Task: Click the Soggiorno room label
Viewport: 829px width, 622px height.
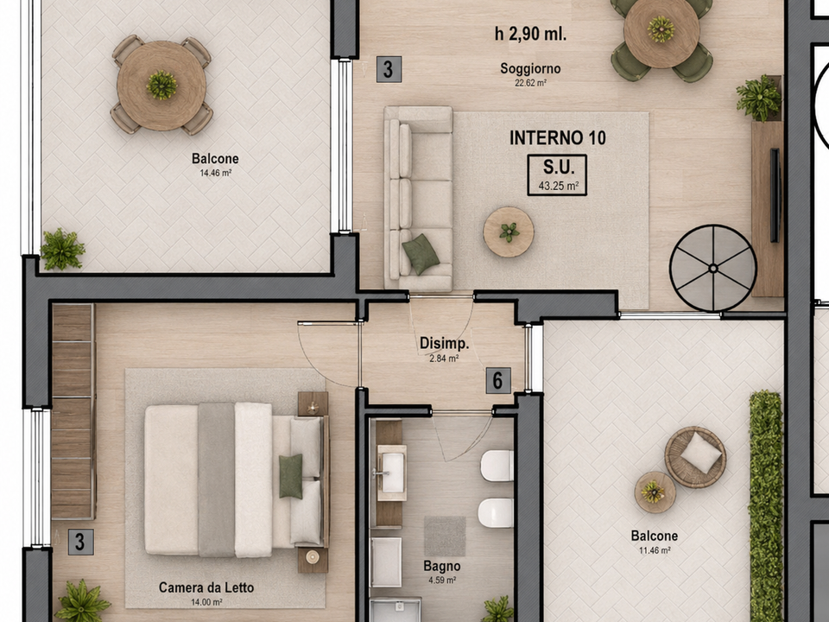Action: [x=530, y=69]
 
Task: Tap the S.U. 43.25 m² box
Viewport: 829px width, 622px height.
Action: [x=557, y=175]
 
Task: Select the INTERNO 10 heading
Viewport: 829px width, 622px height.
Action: [x=558, y=138]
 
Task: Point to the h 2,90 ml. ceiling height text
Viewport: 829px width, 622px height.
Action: [x=530, y=35]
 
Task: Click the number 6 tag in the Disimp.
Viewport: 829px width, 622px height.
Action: [x=498, y=381]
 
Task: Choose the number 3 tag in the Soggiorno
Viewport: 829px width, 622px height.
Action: [x=389, y=70]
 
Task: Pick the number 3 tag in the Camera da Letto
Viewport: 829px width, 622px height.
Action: [x=81, y=543]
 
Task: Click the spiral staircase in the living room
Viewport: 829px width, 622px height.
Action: [x=712, y=268]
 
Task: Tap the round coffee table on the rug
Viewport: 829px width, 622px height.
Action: [x=508, y=232]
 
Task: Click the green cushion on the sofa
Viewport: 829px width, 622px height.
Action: [x=421, y=254]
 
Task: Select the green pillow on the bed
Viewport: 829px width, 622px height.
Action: [x=291, y=476]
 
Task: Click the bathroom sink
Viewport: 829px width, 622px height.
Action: [x=391, y=473]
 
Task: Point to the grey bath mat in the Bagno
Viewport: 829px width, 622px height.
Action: [x=445, y=536]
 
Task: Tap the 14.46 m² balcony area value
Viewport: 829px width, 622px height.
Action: [x=215, y=173]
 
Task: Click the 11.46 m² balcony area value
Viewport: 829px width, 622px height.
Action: [x=655, y=550]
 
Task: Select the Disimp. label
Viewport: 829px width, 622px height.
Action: [x=444, y=343]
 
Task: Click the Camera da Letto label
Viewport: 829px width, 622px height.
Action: [x=206, y=587]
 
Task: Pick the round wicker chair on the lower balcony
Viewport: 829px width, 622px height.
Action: [x=695, y=457]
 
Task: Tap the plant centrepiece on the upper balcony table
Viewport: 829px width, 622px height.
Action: [x=161, y=86]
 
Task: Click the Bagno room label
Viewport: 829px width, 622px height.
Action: [x=442, y=567]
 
